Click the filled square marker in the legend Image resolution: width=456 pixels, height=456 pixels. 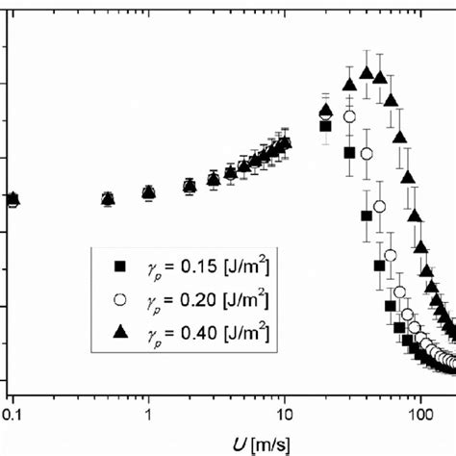tap(120, 266)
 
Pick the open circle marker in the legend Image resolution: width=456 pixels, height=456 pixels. tap(120, 298)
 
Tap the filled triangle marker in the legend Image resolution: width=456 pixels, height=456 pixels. tap(120, 331)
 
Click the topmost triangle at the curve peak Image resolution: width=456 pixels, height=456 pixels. tap(366, 72)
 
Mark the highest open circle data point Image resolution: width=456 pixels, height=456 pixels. tap(349, 116)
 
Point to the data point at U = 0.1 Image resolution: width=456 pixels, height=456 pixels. tap(12, 200)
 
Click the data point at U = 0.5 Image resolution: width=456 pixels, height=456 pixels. tap(108, 199)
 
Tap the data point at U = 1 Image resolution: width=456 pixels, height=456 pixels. tap(149, 193)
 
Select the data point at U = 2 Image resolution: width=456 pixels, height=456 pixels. tap(190, 187)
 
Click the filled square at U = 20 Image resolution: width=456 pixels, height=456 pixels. tap(325, 126)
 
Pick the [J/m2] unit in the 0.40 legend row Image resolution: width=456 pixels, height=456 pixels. tap(247, 331)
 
